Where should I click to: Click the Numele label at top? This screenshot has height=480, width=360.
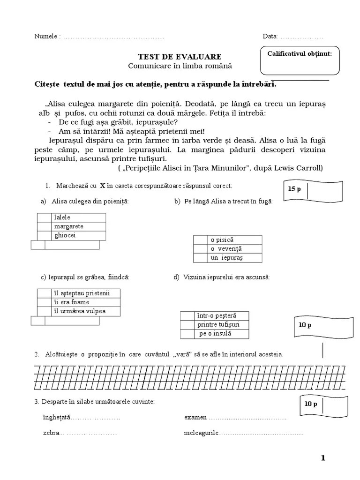[45, 37]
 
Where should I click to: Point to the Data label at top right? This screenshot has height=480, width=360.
[270, 37]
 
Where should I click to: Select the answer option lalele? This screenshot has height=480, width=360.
[62, 217]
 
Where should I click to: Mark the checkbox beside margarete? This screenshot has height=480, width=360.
[44, 226]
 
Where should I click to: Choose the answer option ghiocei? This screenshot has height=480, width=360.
[65, 235]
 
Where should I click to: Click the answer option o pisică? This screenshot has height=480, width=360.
[222, 240]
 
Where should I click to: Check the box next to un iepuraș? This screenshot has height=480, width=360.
[201, 258]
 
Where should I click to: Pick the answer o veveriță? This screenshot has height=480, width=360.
[225, 249]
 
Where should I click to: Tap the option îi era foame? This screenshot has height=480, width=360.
[71, 302]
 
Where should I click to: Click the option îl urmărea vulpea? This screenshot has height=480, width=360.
[80, 311]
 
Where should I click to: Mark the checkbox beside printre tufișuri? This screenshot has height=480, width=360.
[187, 325]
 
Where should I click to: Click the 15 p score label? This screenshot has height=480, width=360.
[294, 189]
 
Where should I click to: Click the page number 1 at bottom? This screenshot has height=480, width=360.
[323, 458]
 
